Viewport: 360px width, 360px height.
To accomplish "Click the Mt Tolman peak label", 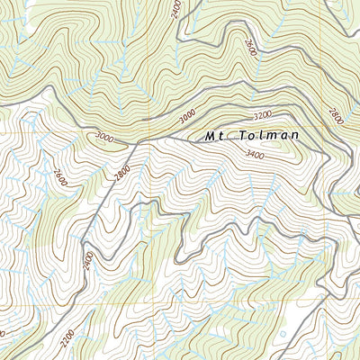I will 250,136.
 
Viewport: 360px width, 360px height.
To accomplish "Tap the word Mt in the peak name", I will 212,136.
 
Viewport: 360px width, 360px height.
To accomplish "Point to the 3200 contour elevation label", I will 262,116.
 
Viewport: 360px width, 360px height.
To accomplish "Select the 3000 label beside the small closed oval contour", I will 103,137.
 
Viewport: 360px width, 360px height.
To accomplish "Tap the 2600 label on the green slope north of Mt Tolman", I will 249,45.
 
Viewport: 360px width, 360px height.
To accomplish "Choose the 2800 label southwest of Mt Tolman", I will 122,170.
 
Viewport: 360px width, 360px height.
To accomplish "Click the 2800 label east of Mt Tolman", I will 337,118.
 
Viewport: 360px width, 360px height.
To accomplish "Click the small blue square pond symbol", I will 283,334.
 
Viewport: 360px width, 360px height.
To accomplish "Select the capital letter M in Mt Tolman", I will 209,136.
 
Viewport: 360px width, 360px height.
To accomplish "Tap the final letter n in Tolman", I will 293,136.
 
